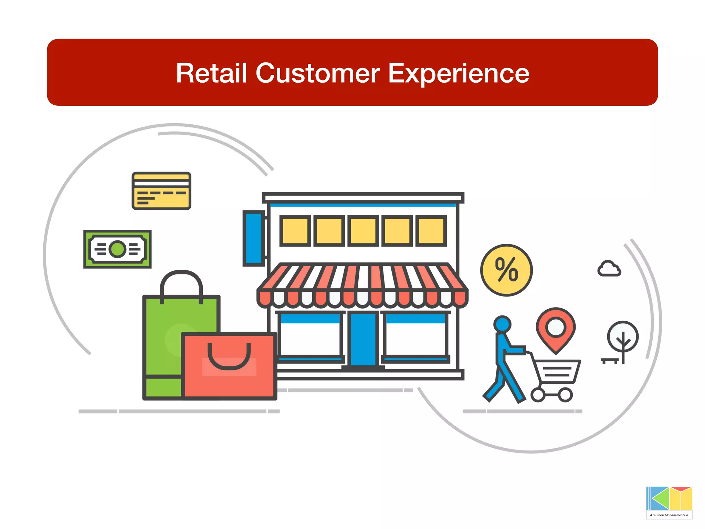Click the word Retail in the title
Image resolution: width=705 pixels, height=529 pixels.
pyautogui.click(x=211, y=73)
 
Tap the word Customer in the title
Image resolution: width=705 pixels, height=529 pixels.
pyautogui.click(x=317, y=73)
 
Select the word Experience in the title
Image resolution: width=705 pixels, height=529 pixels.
pyautogui.click(x=459, y=74)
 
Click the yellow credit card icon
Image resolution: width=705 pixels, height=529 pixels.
pyautogui.click(x=161, y=191)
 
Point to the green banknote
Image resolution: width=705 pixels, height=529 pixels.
pyautogui.click(x=117, y=249)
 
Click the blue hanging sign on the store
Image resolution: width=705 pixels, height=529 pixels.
pyautogui.click(x=254, y=238)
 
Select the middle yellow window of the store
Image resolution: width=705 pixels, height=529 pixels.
pyautogui.click(x=363, y=231)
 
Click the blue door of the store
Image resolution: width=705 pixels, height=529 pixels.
pyautogui.click(x=363, y=339)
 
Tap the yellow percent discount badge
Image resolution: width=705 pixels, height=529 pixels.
pyautogui.click(x=506, y=270)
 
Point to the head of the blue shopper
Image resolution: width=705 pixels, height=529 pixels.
pyautogui.click(x=502, y=324)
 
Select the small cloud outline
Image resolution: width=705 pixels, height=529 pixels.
pyautogui.click(x=609, y=269)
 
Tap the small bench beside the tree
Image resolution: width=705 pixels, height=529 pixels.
pyautogui.click(x=610, y=361)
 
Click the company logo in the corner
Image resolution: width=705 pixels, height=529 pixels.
pyautogui.click(x=669, y=502)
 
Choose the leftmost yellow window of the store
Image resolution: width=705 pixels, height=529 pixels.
pyautogui.click(x=295, y=231)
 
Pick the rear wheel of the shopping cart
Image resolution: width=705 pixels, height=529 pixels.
pyautogui.click(x=538, y=395)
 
